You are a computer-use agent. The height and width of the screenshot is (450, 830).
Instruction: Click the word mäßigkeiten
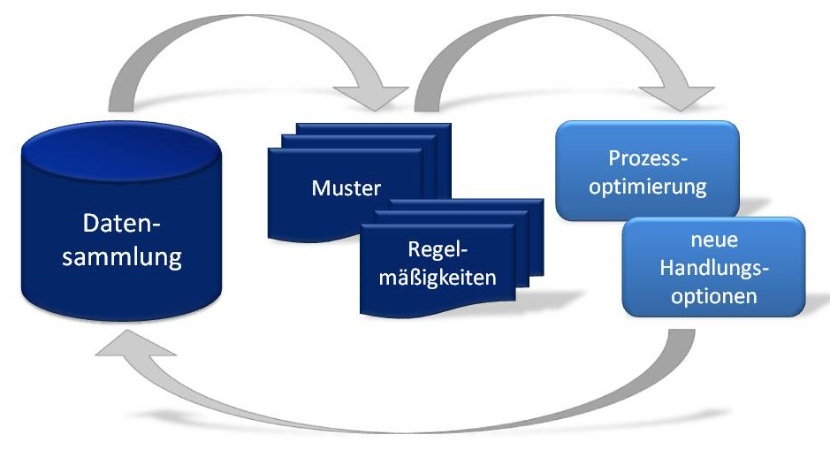(x=438, y=276)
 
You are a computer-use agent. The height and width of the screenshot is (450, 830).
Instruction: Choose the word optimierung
(x=648, y=187)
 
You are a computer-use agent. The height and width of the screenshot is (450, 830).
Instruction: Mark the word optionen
(x=713, y=295)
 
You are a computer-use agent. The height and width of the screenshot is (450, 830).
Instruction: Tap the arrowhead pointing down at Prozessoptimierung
(x=685, y=95)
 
